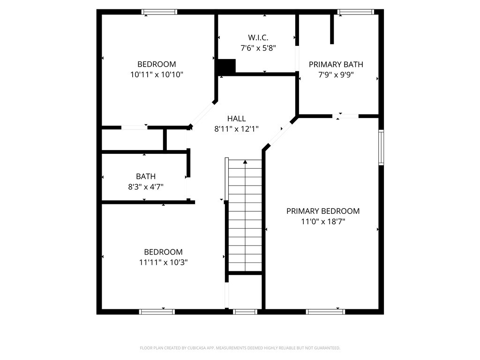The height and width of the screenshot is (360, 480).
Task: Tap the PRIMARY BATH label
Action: point(336,64)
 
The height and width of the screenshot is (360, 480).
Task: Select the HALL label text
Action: point(236,119)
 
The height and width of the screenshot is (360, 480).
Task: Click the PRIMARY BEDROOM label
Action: point(323,211)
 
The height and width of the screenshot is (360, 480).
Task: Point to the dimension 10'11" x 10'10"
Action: point(157,74)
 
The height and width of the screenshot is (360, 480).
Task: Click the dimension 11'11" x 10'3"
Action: point(163,262)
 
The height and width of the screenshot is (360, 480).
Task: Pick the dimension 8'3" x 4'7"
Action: point(146,187)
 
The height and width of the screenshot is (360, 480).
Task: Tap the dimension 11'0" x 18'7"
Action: point(323,221)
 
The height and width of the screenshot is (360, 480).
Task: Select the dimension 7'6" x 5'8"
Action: point(258,47)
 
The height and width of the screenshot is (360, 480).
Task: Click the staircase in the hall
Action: point(245,216)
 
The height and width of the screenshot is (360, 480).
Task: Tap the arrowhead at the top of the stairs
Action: point(245,162)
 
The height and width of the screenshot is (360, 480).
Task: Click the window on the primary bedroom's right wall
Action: point(381,147)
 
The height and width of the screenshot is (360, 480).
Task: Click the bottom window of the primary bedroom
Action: point(325,311)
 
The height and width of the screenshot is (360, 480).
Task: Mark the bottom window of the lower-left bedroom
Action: point(157,311)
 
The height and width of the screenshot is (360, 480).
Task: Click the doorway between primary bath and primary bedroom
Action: point(347,116)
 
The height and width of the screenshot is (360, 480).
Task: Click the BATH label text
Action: point(146,176)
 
